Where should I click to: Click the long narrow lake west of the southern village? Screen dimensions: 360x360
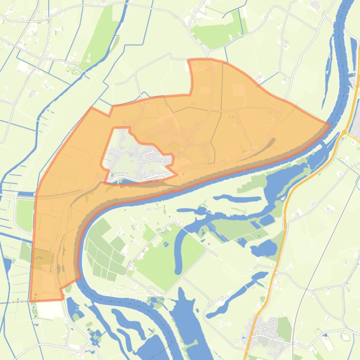point(234,295)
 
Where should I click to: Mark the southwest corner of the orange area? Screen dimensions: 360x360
point(30,301)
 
